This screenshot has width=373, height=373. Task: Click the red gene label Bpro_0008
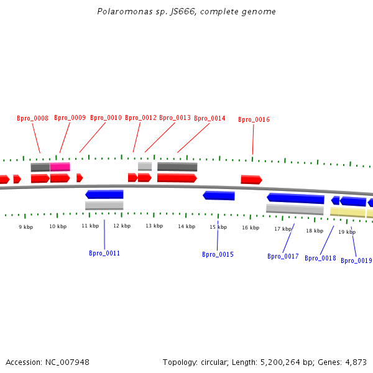[32, 118]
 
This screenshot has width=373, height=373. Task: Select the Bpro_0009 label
[70, 117]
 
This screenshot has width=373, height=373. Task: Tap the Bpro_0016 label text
[254, 119]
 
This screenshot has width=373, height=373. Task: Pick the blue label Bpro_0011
[104, 253]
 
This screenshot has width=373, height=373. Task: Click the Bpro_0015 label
[218, 254]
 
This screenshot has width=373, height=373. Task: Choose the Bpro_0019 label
[356, 260]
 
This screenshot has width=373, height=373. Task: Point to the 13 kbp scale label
[154, 226]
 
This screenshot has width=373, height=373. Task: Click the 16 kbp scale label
[251, 228]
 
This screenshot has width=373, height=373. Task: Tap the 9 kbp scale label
[25, 227]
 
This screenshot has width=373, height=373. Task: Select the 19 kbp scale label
[347, 232]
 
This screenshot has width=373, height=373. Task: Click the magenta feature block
[60, 167]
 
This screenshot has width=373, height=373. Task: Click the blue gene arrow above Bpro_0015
[219, 196]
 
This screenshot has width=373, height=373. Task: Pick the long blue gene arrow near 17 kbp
[295, 198]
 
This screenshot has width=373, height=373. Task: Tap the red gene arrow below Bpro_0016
[251, 180]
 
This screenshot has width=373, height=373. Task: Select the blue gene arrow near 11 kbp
[104, 195]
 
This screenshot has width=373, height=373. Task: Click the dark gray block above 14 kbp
[177, 167]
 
